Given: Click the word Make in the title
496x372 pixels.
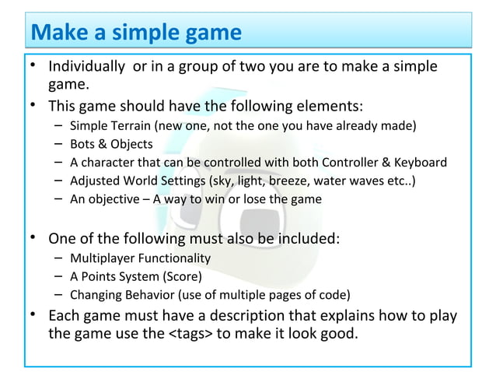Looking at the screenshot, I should [x=57, y=33].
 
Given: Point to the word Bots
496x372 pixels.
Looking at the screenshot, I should [x=82, y=144].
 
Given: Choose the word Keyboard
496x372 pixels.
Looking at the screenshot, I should [x=419, y=163].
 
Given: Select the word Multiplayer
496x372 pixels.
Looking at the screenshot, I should [x=100, y=258].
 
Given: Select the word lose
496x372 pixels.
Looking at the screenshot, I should [x=256, y=200].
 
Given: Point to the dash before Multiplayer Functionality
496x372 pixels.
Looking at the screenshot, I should [x=59, y=258].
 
